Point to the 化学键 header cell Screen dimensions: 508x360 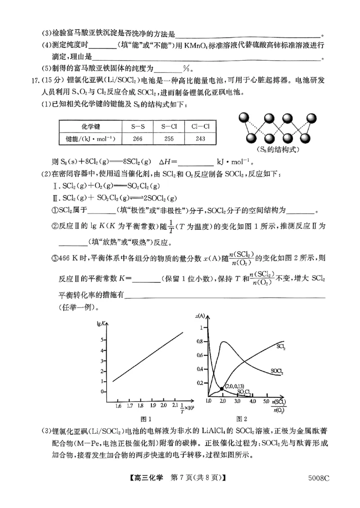(90, 127)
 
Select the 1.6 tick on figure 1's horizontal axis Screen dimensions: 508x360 (118, 406)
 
